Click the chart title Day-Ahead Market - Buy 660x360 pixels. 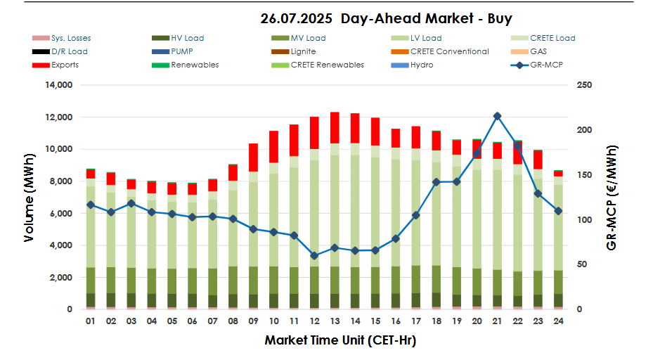[x=386, y=19]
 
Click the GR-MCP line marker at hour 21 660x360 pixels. [x=497, y=116]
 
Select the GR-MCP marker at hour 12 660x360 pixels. [x=314, y=256]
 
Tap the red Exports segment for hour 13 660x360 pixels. [x=335, y=128]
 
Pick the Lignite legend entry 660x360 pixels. [x=303, y=51]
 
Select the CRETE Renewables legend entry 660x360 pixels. [x=327, y=65]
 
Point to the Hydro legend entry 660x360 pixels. [x=422, y=65]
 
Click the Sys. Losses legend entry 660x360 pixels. [x=70, y=38]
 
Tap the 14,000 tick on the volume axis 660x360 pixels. [x=58, y=85]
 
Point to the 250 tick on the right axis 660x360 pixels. [x=583, y=85]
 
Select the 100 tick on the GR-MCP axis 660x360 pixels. [x=583, y=220]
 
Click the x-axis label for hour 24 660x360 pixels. [x=558, y=321]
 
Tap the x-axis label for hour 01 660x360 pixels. [x=91, y=321]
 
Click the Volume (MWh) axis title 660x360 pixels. [x=30, y=198]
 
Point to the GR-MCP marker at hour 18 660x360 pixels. [x=436, y=182]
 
